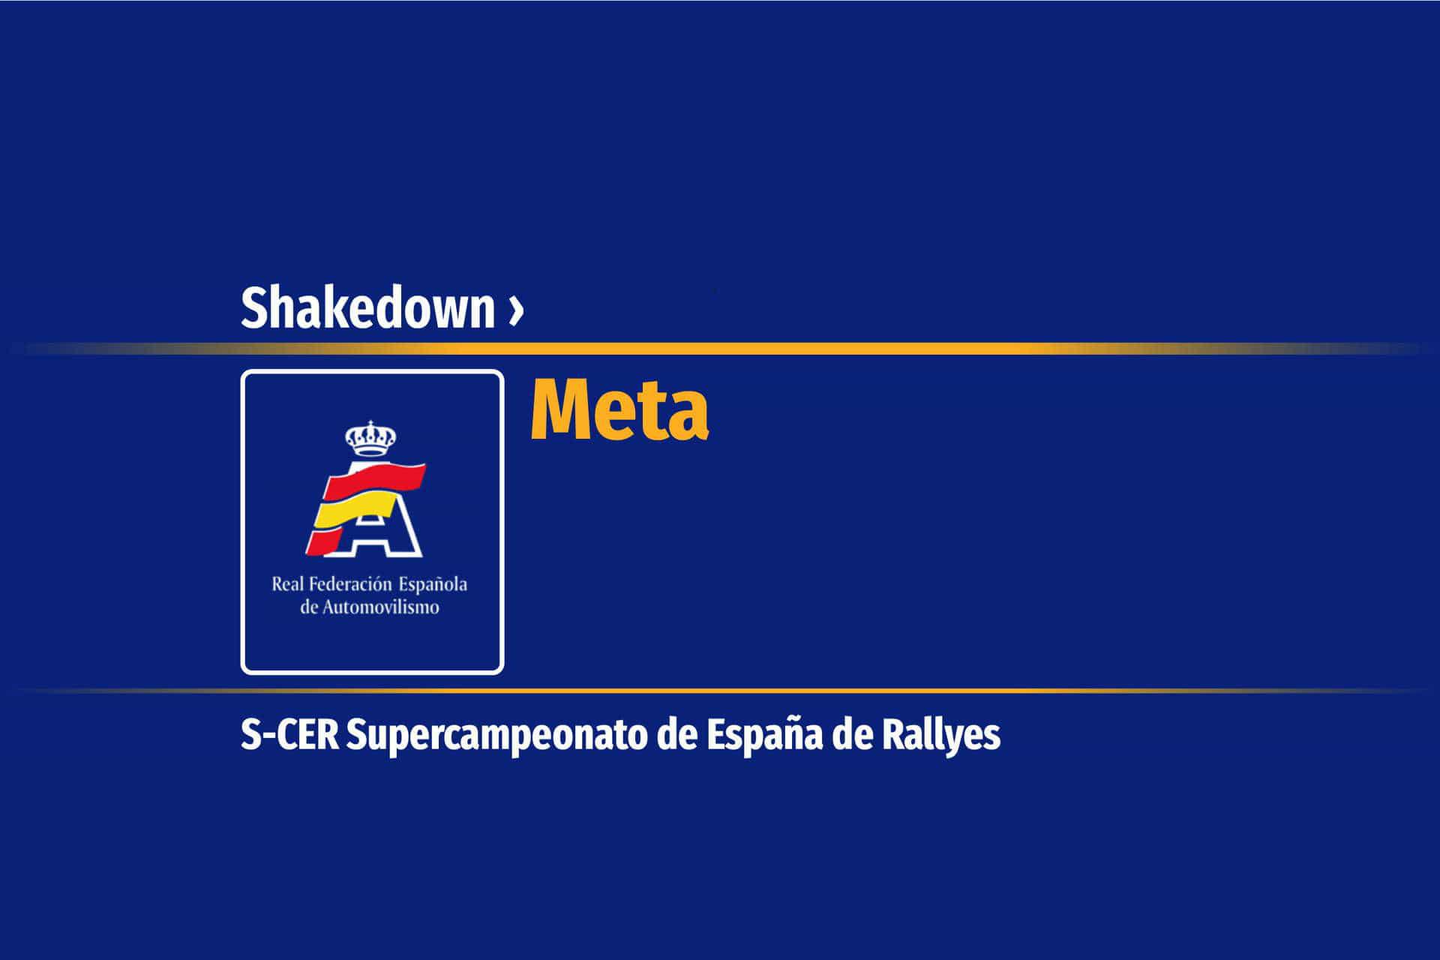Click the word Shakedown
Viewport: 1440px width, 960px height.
367,307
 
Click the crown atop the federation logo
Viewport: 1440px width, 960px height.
370,439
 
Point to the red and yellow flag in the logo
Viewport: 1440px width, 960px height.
365,506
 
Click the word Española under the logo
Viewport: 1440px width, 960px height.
433,584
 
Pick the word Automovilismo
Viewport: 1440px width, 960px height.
380,607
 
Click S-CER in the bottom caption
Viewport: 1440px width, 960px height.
289,736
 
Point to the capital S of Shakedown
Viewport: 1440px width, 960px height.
255,308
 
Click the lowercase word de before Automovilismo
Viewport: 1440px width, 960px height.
309,607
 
